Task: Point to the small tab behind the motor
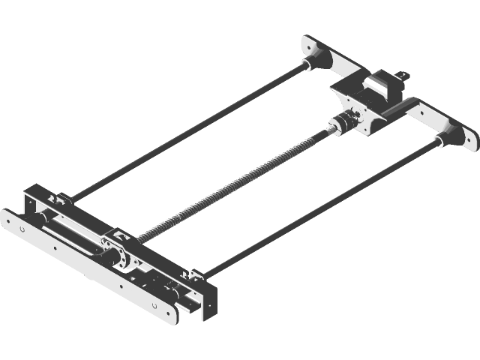click(404, 74)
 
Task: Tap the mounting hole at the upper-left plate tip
click(307, 43)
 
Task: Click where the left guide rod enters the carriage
click(67, 200)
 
